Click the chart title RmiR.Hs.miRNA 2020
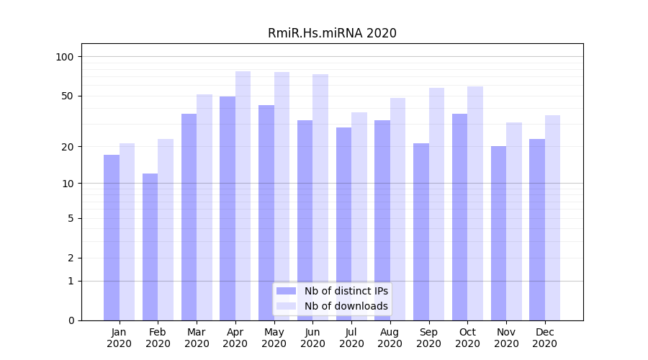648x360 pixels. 332,33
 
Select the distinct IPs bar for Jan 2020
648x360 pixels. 112,238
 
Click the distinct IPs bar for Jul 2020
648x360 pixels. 343,224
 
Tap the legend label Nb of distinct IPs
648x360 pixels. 346,291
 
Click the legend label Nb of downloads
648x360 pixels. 346,306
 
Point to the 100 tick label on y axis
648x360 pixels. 65,57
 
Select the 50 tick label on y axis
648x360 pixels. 68,96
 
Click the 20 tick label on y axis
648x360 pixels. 68,147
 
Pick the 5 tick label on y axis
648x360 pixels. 71,218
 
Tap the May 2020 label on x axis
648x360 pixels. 274,338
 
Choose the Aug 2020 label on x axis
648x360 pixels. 390,338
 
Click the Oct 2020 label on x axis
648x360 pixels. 467,338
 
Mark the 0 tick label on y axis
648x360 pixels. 71,320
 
